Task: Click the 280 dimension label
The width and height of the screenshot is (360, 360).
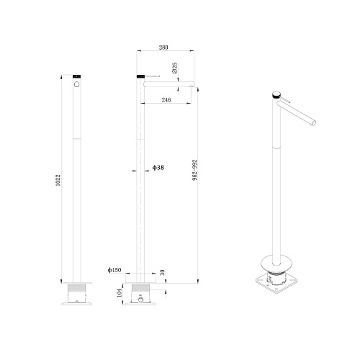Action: pos(163,48)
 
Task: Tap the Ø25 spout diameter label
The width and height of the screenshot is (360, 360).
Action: pos(175,68)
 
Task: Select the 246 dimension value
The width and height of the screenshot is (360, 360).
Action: pos(166,99)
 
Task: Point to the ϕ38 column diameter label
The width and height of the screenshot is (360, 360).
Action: pos(158,167)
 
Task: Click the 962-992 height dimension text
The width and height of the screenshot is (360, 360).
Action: pos(195,170)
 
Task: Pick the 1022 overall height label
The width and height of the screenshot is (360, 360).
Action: pos(58,181)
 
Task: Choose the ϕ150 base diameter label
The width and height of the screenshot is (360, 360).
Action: pos(114,270)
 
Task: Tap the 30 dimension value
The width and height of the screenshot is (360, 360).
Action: pos(163,272)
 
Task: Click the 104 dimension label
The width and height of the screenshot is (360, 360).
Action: pos(120,293)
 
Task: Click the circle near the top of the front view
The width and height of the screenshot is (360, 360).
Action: pos(77,84)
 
